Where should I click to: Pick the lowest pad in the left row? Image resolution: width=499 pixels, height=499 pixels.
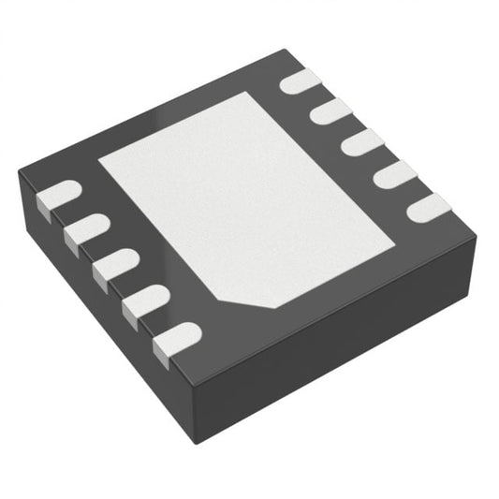(176, 337)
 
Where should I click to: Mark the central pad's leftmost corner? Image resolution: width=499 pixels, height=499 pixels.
(99, 155)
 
